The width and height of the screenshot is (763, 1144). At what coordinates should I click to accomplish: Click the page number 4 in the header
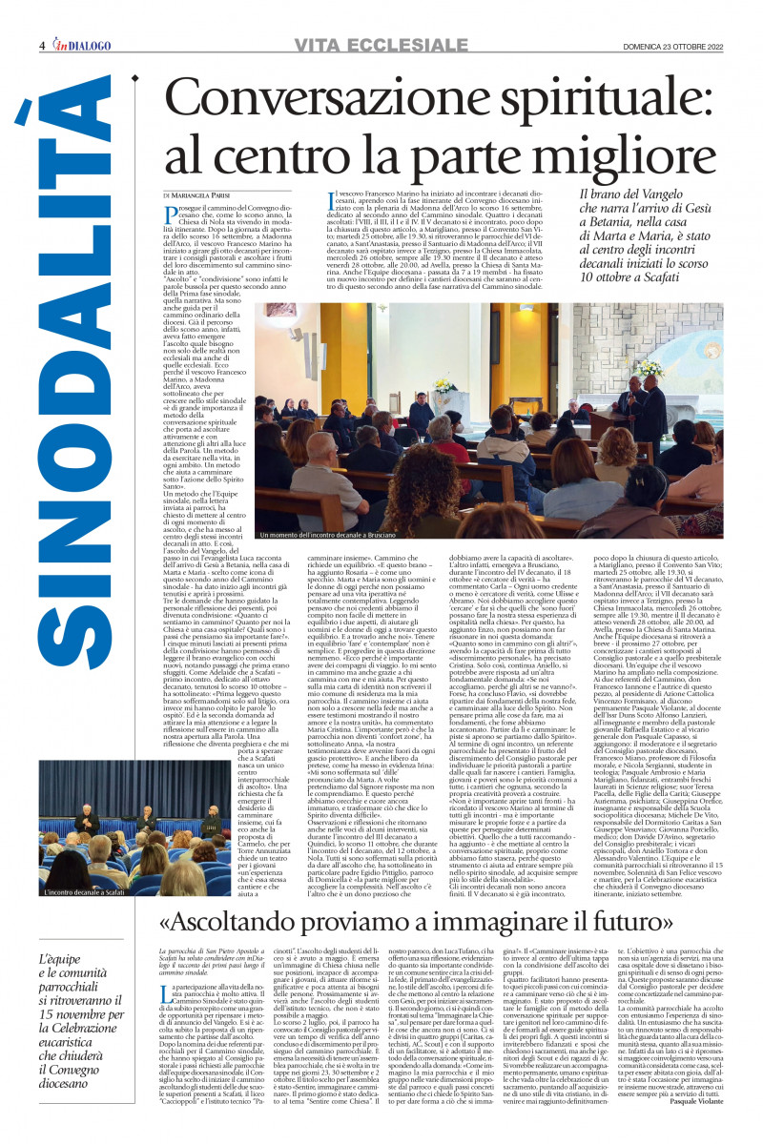click(42, 46)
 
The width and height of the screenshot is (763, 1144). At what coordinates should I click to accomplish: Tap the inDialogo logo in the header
click(81, 45)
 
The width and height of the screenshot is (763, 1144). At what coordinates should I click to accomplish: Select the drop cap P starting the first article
click(170, 214)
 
